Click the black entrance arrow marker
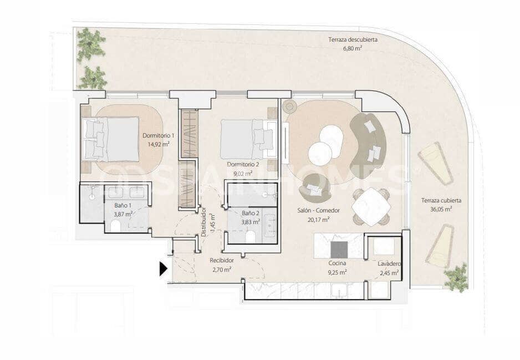163,269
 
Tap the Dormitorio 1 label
158,135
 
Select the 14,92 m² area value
158,144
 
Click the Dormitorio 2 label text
243,165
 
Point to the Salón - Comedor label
318,210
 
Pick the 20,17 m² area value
318,219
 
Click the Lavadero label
390,264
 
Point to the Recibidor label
221,260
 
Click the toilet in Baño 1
116,226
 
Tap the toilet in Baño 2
250,237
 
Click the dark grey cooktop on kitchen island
339,249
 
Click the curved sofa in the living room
369,143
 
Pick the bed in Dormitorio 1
111,139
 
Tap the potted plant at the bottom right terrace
457,277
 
